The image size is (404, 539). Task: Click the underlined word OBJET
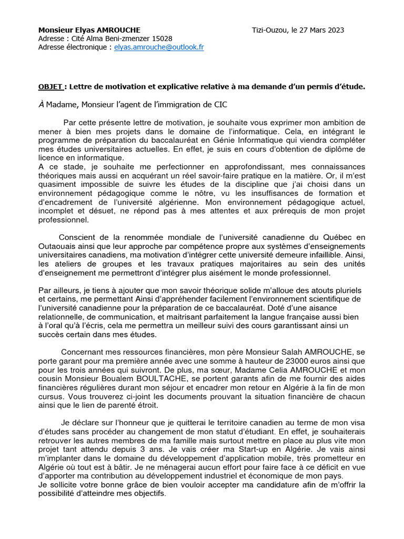51,86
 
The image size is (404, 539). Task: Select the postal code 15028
161,38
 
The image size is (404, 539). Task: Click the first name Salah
294,352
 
